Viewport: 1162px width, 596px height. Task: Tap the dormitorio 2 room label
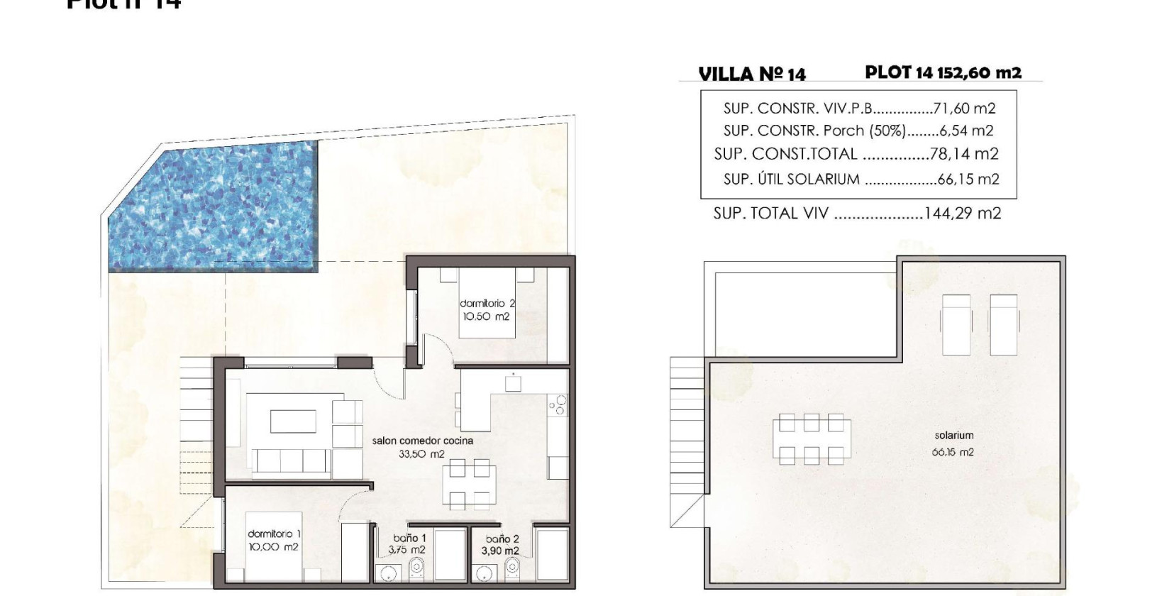click(x=487, y=310)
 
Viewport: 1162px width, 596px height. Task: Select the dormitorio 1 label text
click(x=273, y=540)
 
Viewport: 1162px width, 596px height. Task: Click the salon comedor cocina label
click(x=422, y=447)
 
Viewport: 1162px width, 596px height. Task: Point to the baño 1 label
click(x=407, y=543)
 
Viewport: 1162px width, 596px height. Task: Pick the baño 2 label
click(x=502, y=544)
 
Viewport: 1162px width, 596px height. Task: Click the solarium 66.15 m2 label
click(x=953, y=443)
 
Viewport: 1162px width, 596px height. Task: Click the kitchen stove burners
click(x=559, y=405)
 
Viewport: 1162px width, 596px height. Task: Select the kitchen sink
click(x=513, y=384)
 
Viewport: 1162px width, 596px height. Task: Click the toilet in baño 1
click(x=418, y=568)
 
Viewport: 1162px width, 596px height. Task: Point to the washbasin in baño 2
click(x=486, y=572)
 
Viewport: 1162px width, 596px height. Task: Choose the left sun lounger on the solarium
click(x=954, y=324)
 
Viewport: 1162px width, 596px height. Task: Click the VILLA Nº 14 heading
click(x=752, y=74)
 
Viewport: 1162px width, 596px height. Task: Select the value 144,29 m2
click(x=962, y=213)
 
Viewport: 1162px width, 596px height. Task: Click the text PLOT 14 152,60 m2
click(x=943, y=72)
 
